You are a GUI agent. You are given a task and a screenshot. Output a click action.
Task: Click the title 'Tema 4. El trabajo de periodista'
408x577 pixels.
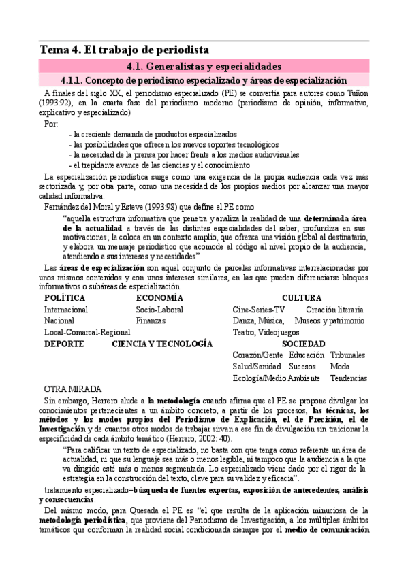[125, 50]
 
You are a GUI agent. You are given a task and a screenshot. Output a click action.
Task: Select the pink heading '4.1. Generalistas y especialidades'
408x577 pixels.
[204, 66]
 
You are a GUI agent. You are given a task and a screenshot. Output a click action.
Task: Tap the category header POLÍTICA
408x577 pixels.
[65, 298]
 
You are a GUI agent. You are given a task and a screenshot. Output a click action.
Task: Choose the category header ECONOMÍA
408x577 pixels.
[159, 298]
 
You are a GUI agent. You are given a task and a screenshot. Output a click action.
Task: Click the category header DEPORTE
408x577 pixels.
[64, 344]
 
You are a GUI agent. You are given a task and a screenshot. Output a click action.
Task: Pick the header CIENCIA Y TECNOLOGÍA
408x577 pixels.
[162, 344]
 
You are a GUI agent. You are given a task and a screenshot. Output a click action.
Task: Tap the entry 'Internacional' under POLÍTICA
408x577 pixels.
[66, 310]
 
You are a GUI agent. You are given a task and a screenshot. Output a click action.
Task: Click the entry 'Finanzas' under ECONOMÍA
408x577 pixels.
[151, 320]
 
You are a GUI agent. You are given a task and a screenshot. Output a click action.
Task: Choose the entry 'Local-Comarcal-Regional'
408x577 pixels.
[87, 332]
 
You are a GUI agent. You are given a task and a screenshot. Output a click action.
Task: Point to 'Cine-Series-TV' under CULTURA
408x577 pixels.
[259, 310]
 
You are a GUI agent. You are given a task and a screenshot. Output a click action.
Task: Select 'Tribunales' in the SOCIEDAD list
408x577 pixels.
[347, 355]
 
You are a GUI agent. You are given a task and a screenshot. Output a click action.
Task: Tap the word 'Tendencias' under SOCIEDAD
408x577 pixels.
[348, 378]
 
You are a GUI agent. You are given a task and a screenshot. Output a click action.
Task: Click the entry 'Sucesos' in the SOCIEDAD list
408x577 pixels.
[302, 367]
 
